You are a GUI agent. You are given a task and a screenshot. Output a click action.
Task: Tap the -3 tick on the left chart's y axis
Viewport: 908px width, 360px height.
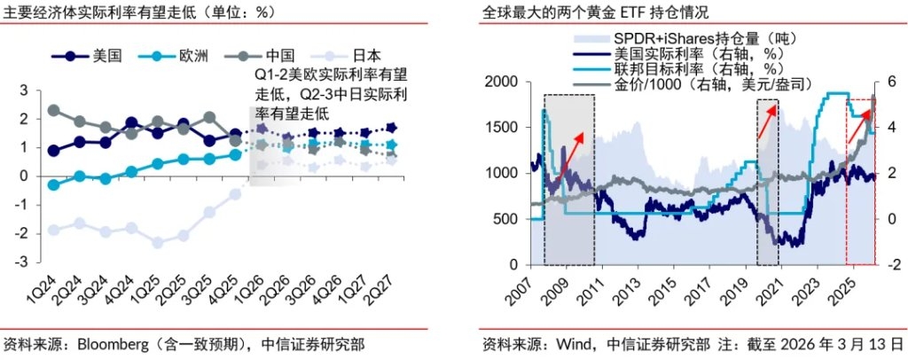pos(25,262)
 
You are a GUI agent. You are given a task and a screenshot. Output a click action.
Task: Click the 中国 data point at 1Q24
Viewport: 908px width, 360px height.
pos(52,111)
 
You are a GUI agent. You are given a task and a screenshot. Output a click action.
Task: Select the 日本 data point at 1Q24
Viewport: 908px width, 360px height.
pos(52,230)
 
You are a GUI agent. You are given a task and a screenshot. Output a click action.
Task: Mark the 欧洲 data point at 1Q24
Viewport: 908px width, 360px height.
pos(52,184)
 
